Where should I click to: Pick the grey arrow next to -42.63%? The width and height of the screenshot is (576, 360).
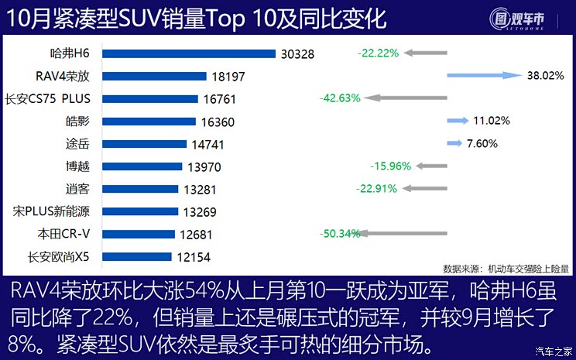(x=406, y=98)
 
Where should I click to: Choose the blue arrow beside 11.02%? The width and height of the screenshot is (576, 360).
(x=458, y=121)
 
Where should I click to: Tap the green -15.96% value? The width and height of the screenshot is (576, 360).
(x=391, y=166)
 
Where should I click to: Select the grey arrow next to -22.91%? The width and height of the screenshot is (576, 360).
(x=425, y=188)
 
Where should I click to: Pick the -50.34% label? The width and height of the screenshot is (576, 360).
(x=340, y=233)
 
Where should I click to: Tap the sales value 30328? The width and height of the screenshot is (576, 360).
(x=298, y=54)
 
